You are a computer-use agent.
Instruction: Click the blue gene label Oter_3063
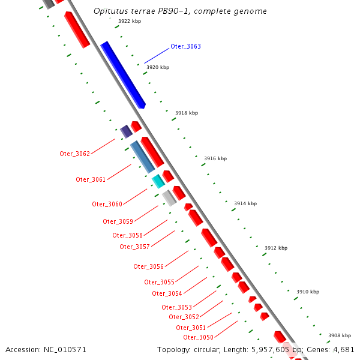click(x=185, y=46)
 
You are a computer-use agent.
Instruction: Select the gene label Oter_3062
click(x=74, y=154)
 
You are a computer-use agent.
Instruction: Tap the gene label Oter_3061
click(x=91, y=179)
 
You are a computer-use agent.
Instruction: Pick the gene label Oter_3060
click(x=107, y=204)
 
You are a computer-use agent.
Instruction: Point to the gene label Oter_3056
click(x=148, y=266)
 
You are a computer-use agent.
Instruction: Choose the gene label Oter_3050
click(x=198, y=337)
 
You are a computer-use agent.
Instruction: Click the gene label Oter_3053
click(x=176, y=307)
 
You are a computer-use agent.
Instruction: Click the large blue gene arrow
click(x=123, y=75)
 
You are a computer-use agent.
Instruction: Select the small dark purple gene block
click(x=126, y=131)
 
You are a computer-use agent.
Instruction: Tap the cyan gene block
click(x=158, y=181)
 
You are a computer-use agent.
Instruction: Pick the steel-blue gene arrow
click(x=142, y=157)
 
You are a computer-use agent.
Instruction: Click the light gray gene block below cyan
click(x=169, y=198)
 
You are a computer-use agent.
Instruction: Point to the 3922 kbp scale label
click(x=129, y=21)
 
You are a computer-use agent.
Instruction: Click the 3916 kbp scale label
click(x=215, y=158)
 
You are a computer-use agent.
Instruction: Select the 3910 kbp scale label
click(x=308, y=292)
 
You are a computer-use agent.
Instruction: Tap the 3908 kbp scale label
click(x=340, y=335)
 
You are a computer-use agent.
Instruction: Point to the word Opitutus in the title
click(x=110, y=11)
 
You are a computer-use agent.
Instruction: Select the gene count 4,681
click(x=343, y=349)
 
